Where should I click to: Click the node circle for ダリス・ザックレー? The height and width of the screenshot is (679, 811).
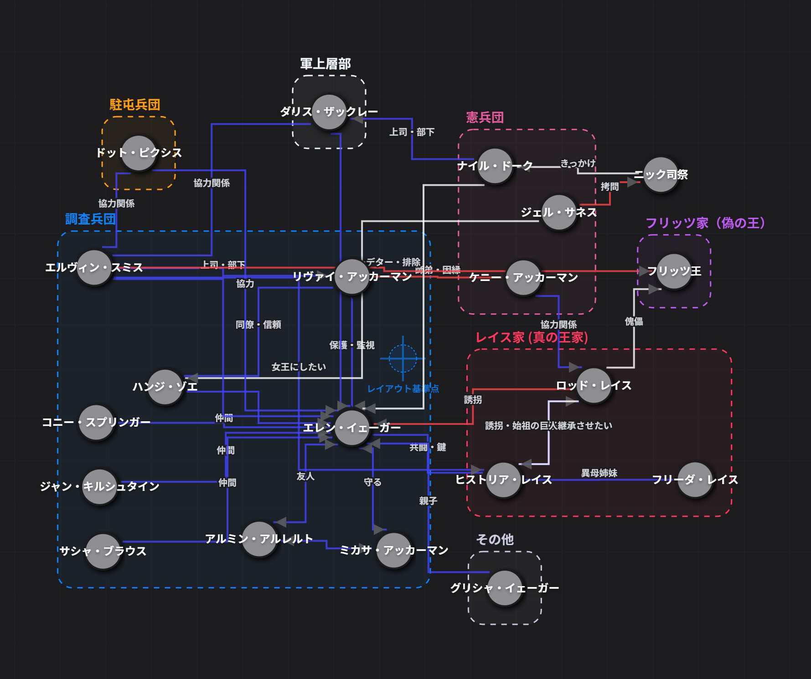point(329,112)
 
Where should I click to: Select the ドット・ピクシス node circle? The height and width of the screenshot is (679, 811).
point(139,153)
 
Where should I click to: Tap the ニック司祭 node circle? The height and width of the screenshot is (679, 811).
point(661,174)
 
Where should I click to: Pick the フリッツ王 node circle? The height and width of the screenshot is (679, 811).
point(674,271)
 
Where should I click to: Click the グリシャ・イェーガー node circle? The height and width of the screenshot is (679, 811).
point(505,588)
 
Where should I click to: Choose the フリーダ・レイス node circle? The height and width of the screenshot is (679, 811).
point(695,480)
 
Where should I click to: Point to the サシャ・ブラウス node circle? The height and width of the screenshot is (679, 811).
point(103,551)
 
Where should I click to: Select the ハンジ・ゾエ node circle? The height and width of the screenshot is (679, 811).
point(165,387)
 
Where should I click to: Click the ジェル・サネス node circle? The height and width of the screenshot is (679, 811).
point(558,213)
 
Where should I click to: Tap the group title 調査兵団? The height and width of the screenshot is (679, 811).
point(90,219)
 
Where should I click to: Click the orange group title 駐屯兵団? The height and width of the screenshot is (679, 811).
point(135,105)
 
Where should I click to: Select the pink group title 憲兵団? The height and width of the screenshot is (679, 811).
point(485,117)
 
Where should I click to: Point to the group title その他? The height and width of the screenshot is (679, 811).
point(495,540)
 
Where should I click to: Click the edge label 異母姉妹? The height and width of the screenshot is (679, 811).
point(599,473)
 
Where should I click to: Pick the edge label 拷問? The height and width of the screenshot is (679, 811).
point(610,187)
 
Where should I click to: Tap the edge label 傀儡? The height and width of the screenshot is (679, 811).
point(634,322)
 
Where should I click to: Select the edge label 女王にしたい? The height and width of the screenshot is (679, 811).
point(299,367)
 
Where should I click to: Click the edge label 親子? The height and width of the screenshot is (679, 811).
point(428,501)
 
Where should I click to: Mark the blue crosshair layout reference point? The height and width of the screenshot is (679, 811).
point(403,358)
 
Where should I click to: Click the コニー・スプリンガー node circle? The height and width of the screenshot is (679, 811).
point(96,423)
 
